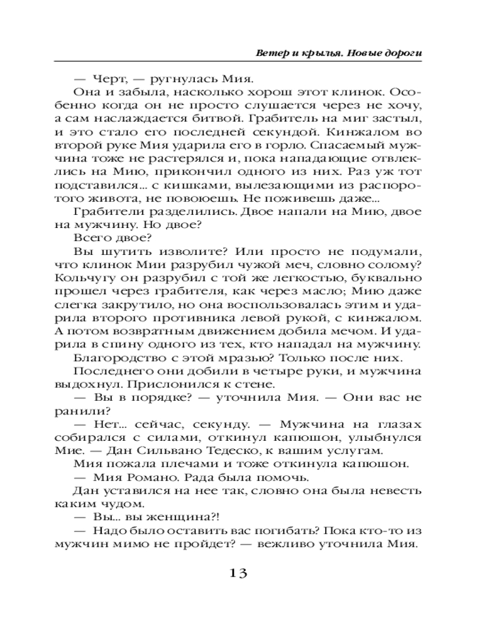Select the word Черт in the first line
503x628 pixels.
tap(107, 79)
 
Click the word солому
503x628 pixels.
tap(396, 264)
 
